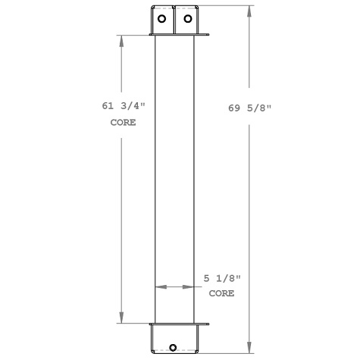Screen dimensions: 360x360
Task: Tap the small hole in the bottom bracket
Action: (x=174, y=349)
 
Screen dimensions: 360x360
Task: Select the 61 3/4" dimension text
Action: (x=122, y=108)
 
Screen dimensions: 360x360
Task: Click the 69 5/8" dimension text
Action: (x=249, y=108)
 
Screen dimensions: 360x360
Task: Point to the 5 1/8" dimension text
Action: (x=221, y=279)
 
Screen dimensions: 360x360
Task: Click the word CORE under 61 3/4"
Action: (x=123, y=122)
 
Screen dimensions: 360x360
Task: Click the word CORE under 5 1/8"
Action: (x=221, y=293)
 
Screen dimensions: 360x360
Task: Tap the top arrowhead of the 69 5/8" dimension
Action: (x=249, y=11)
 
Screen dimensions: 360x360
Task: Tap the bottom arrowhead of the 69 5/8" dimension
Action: (x=249, y=349)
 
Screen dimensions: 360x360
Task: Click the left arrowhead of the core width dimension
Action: (x=158, y=287)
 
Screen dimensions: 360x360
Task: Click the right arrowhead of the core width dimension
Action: (x=190, y=287)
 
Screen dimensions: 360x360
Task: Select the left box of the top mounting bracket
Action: (x=163, y=20)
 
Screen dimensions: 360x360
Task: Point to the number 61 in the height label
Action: (x=108, y=108)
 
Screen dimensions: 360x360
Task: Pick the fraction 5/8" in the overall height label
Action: (x=259, y=108)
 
